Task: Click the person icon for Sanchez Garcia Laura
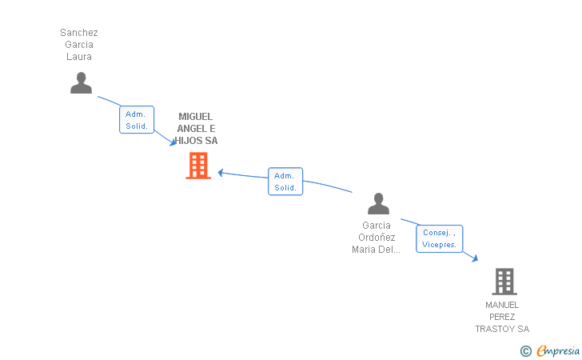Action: (x=81, y=83)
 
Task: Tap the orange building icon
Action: (x=197, y=166)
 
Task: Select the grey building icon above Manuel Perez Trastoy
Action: (x=504, y=282)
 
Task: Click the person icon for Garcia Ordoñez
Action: (x=378, y=204)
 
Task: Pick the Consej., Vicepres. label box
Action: (x=439, y=238)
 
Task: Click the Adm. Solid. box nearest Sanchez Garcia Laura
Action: (x=136, y=120)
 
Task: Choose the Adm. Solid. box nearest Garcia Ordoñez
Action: (x=285, y=182)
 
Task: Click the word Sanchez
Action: (x=79, y=33)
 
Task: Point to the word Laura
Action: (x=79, y=57)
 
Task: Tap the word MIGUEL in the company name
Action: (x=196, y=117)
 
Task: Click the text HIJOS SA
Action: (x=197, y=141)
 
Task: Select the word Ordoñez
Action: (x=377, y=238)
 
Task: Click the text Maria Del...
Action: (x=376, y=250)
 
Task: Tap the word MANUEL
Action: (x=502, y=305)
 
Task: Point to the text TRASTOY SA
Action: (x=502, y=329)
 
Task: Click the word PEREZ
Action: (x=502, y=317)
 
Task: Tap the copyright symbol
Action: (x=525, y=350)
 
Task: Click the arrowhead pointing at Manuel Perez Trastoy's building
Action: (x=475, y=258)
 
